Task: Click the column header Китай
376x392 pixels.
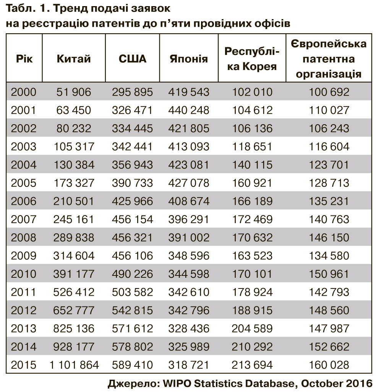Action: [74, 59]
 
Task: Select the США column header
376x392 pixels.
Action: [132, 59]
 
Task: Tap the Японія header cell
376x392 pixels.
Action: [189, 59]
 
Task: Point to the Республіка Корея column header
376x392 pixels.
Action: [252, 59]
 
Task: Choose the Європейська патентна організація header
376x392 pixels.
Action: [329, 59]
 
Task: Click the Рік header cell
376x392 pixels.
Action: [24, 59]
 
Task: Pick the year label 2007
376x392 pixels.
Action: [24, 219]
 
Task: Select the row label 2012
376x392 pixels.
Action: [24, 310]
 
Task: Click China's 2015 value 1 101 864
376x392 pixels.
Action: [74, 365]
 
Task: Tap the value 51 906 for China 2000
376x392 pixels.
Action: [74, 92]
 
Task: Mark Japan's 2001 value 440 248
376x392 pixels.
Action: [189, 110]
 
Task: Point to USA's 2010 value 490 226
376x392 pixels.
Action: [132, 274]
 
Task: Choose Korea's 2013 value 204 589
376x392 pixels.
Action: [252, 329]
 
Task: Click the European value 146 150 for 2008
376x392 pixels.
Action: [329, 238]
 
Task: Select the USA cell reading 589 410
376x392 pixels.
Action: [132, 365]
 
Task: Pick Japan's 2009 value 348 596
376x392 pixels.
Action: [189, 256]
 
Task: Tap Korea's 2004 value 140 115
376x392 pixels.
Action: [252, 165]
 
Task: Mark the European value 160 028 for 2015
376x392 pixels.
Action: [329, 365]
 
